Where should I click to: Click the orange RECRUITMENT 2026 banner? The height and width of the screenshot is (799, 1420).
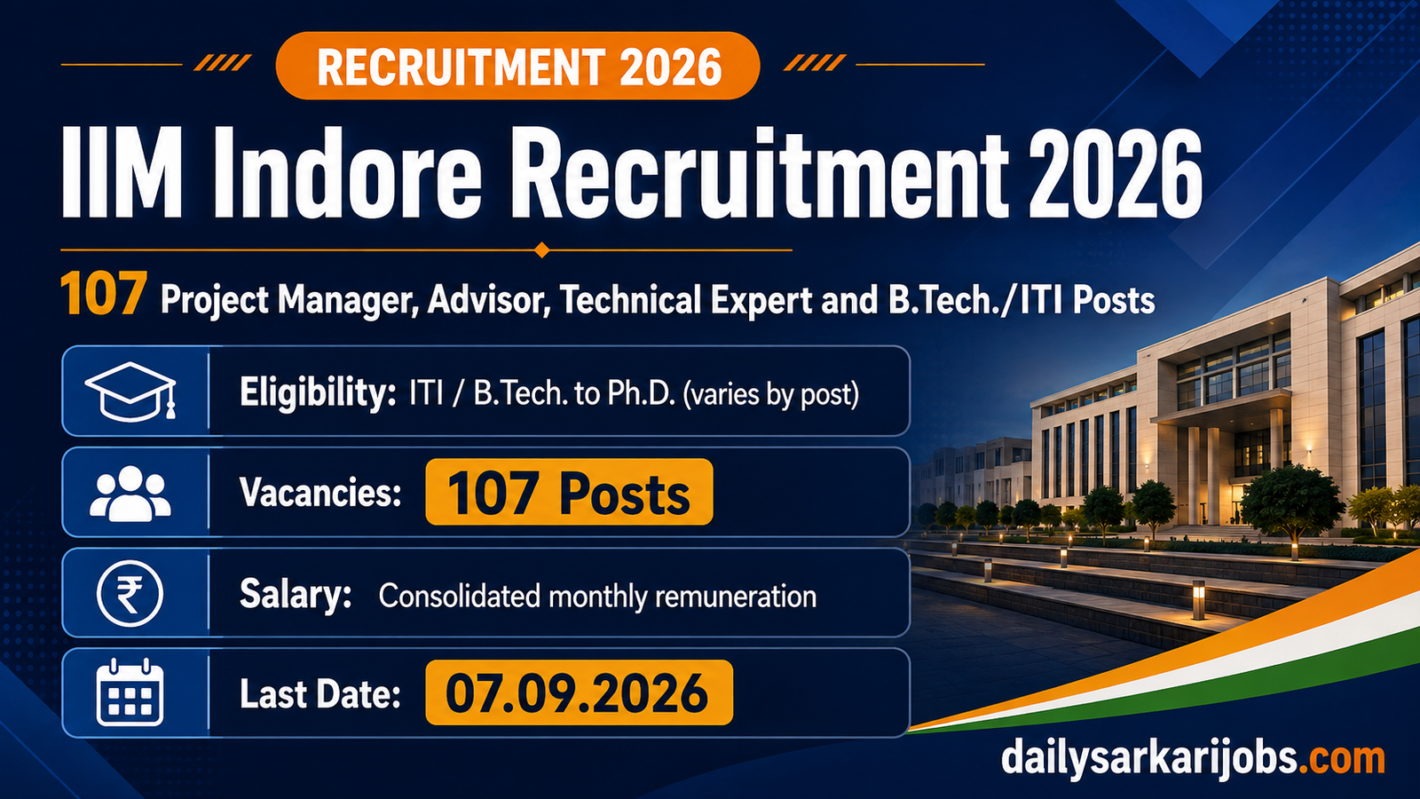pyautogui.click(x=517, y=66)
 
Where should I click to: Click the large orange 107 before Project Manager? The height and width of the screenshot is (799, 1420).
pyautogui.click(x=104, y=294)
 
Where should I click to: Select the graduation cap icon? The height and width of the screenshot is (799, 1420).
pyautogui.click(x=130, y=391)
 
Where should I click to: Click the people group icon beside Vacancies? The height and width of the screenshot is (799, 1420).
pyautogui.click(x=130, y=494)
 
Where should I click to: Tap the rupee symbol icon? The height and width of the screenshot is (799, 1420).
pyautogui.click(x=130, y=594)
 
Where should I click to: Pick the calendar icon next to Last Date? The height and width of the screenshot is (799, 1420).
pyautogui.click(x=130, y=692)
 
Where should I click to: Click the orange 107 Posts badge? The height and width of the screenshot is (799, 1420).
pyautogui.click(x=569, y=492)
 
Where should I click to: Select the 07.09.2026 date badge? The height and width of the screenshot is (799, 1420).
pyautogui.click(x=579, y=692)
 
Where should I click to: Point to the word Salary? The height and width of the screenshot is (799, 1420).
pyautogui.click(x=296, y=596)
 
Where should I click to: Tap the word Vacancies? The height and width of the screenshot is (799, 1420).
pyautogui.click(x=320, y=492)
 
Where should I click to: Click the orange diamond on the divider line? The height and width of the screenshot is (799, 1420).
pyautogui.click(x=541, y=249)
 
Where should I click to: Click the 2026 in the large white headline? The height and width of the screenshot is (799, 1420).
pyautogui.click(x=1115, y=174)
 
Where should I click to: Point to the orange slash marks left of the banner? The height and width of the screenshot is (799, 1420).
pyautogui.click(x=223, y=63)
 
